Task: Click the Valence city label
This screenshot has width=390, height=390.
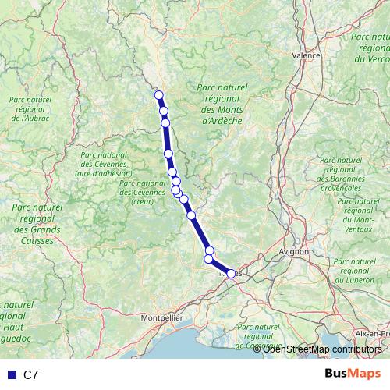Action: click(x=307, y=56)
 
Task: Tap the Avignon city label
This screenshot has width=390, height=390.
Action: click(x=296, y=252)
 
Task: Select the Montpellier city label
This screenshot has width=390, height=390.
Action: click(x=162, y=318)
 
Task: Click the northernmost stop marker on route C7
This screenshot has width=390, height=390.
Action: click(x=159, y=95)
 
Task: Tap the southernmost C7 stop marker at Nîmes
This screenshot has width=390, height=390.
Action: click(x=231, y=273)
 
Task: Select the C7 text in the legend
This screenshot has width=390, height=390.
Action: click(x=31, y=375)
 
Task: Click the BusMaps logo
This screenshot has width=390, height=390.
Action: click(x=352, y=374)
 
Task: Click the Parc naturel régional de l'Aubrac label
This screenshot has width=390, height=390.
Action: click(x=29, y=109)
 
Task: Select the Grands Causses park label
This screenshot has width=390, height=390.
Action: click(x=37, y=218)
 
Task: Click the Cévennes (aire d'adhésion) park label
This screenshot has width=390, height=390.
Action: click(x=105, y=164)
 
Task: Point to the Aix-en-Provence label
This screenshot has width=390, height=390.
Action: click(x=371, y=333)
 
